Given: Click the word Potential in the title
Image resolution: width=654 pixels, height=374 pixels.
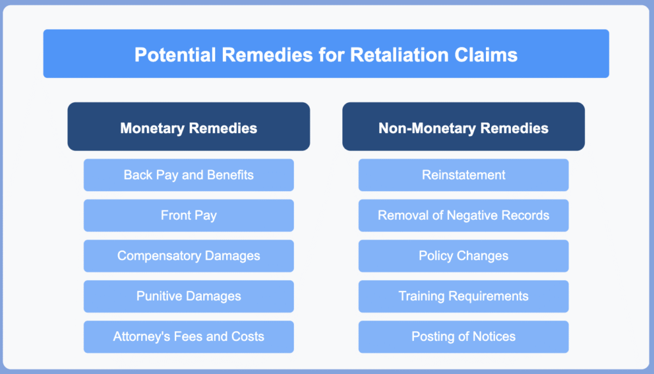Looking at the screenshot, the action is coord(175,55).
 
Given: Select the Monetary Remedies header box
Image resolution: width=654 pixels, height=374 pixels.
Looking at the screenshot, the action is coord(188,127).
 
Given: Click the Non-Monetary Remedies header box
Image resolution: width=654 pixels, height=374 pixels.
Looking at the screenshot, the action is coord(464,127).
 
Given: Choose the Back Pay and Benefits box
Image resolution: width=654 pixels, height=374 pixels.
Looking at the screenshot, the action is coord(188,175).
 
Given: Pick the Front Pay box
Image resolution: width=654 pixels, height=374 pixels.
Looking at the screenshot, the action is coord(188,215).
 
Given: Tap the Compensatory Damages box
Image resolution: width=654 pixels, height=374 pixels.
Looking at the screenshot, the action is coord(188,256).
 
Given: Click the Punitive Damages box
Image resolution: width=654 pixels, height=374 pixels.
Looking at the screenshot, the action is coord(188,297).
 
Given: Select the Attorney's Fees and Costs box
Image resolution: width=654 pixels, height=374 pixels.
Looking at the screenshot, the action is coord(188,337).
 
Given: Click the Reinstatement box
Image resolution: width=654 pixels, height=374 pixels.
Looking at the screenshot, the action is coord(464,175).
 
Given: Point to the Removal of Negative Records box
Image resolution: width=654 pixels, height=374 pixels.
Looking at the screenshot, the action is coord(464,215).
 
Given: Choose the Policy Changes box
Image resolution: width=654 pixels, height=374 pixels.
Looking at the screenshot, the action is coord(464,256).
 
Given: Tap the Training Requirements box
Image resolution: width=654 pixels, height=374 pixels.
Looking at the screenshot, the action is coord(464,297).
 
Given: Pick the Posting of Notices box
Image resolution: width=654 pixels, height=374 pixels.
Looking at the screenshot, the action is coord(464,337).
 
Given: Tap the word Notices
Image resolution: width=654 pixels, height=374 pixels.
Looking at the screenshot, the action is coord(496,336).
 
